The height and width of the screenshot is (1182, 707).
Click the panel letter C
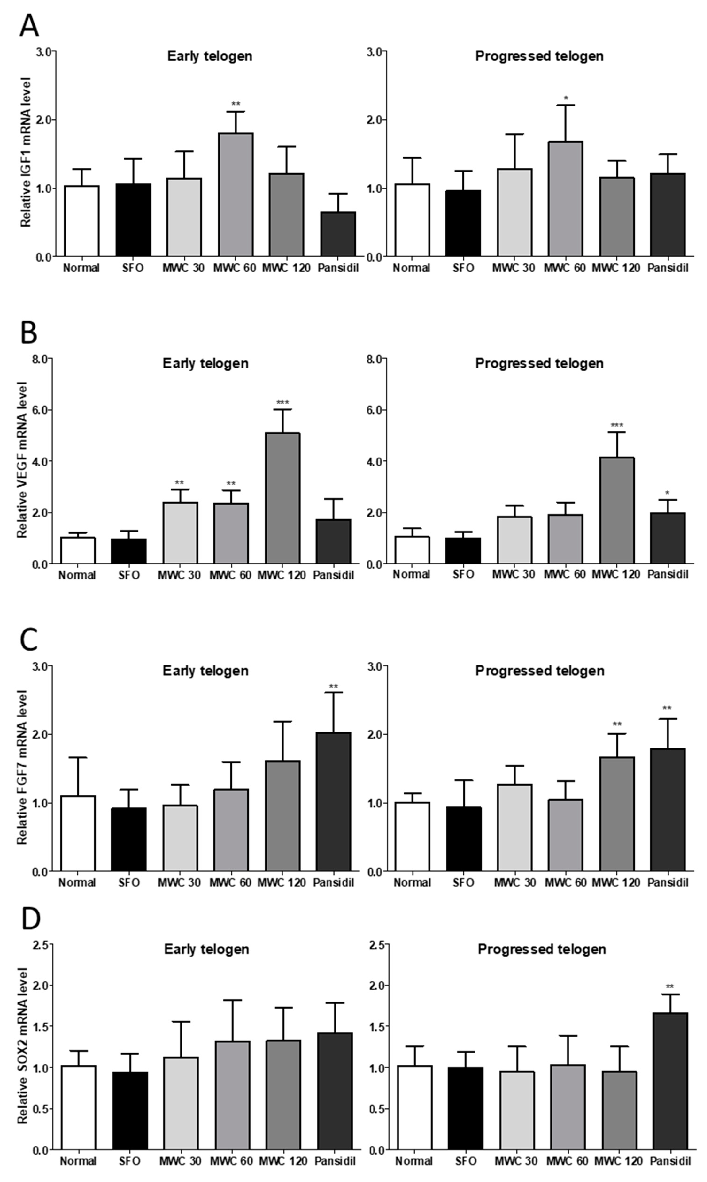[29, 640]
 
